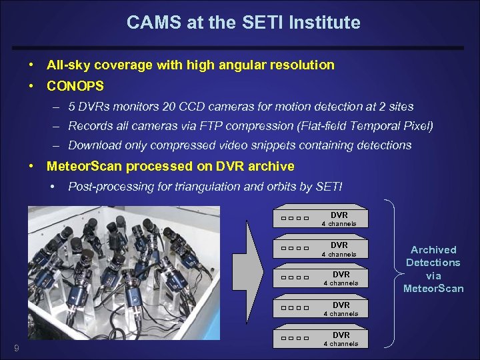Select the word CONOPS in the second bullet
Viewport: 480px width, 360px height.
pos(75,86)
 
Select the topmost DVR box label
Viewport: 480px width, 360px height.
pos(339,215)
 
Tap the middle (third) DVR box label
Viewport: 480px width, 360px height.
pos(341,274)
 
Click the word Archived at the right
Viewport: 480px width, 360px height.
pos(433,250)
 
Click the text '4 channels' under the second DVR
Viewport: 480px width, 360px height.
pos(339,255)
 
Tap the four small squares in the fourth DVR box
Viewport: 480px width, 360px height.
pos(295,308)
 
